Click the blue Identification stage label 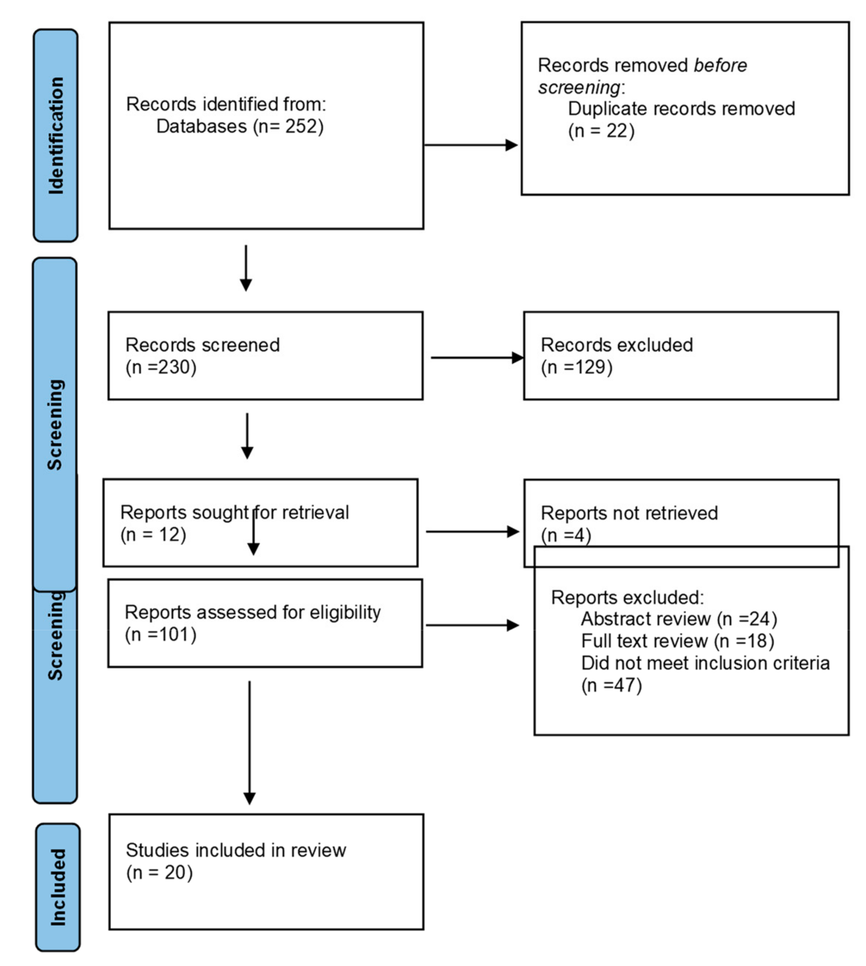(55, 136)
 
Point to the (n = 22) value (601, 131)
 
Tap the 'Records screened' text (202, 345)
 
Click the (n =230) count (161, 367)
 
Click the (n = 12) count (153, 535)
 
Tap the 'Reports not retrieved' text (629, 513)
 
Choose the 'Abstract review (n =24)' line (678, 619)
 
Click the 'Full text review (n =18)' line (677, 641)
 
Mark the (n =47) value (612, 685)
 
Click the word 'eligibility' (345, 612)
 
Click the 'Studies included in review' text (236, 850)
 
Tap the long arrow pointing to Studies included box (249, 742)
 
